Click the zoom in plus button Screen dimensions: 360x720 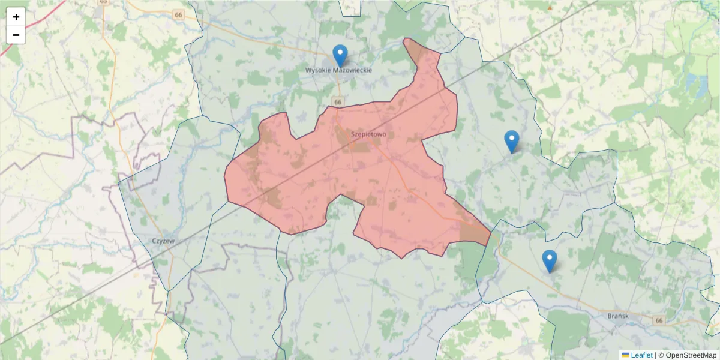16,17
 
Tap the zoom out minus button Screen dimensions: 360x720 16,35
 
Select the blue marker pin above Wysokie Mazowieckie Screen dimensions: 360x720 340,56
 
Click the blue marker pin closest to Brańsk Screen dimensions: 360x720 549,261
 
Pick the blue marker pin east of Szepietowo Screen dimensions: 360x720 512,142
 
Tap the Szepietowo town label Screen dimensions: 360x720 369,134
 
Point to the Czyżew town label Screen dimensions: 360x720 163,241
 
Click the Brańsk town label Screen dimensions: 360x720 617,316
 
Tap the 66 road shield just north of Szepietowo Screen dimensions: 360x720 338,103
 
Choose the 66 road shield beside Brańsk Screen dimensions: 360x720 659,321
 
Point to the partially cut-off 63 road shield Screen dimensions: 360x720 104,2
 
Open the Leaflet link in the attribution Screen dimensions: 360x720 641,355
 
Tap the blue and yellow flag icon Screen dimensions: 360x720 625,355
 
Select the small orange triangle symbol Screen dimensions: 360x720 549,7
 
